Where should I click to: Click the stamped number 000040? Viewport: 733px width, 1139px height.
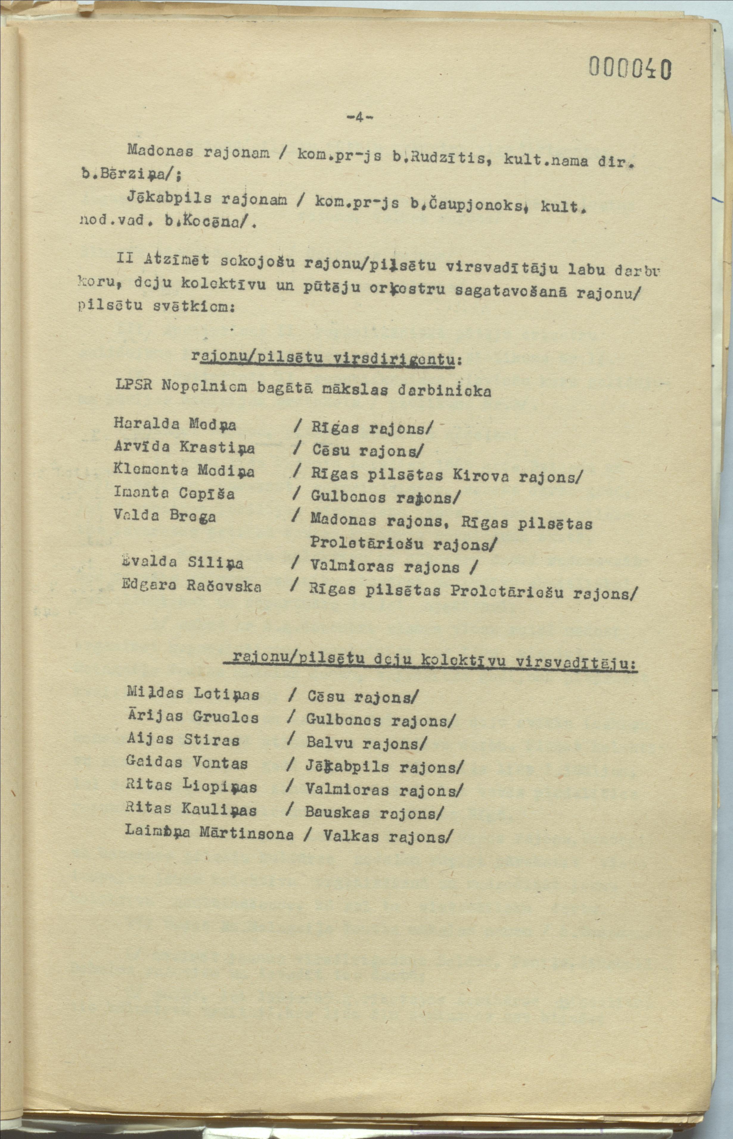pyautogui.click(x=630, y=68)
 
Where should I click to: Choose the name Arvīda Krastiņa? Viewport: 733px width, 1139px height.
pyautogui.click(x=184, y=447)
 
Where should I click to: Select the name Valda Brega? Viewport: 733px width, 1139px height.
pyautogui.click(x=165, y=516)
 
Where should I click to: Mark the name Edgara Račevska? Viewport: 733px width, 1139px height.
pyautogui.click(x=191, y=586)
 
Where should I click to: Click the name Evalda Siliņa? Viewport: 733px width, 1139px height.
pyautogui.click(x=182, y=563)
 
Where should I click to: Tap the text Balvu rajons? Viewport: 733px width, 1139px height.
pyautogui.click(x=366, y=743)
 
